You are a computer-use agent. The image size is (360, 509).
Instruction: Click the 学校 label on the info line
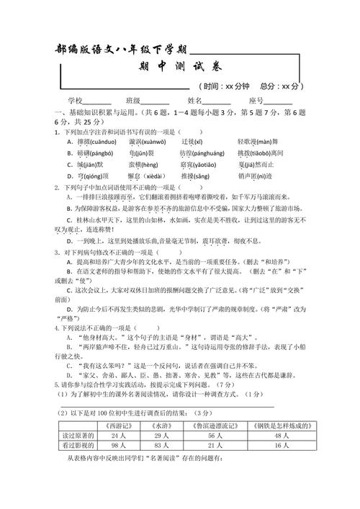[76, 101]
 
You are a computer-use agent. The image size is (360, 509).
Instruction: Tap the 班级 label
[133, 101]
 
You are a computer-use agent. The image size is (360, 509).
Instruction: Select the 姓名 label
[195, 101]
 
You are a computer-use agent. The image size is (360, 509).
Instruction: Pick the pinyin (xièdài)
[148, 175]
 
